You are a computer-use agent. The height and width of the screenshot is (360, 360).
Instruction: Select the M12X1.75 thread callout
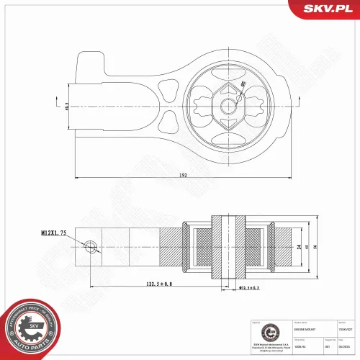pyautogui.click(x=53, y=233)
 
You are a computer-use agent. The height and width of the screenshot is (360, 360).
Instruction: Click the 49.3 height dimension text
pyautogui.click(x=66, y=105)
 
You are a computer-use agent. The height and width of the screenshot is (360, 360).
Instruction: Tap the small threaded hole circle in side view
pyautogui.click(x=89, y=247)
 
